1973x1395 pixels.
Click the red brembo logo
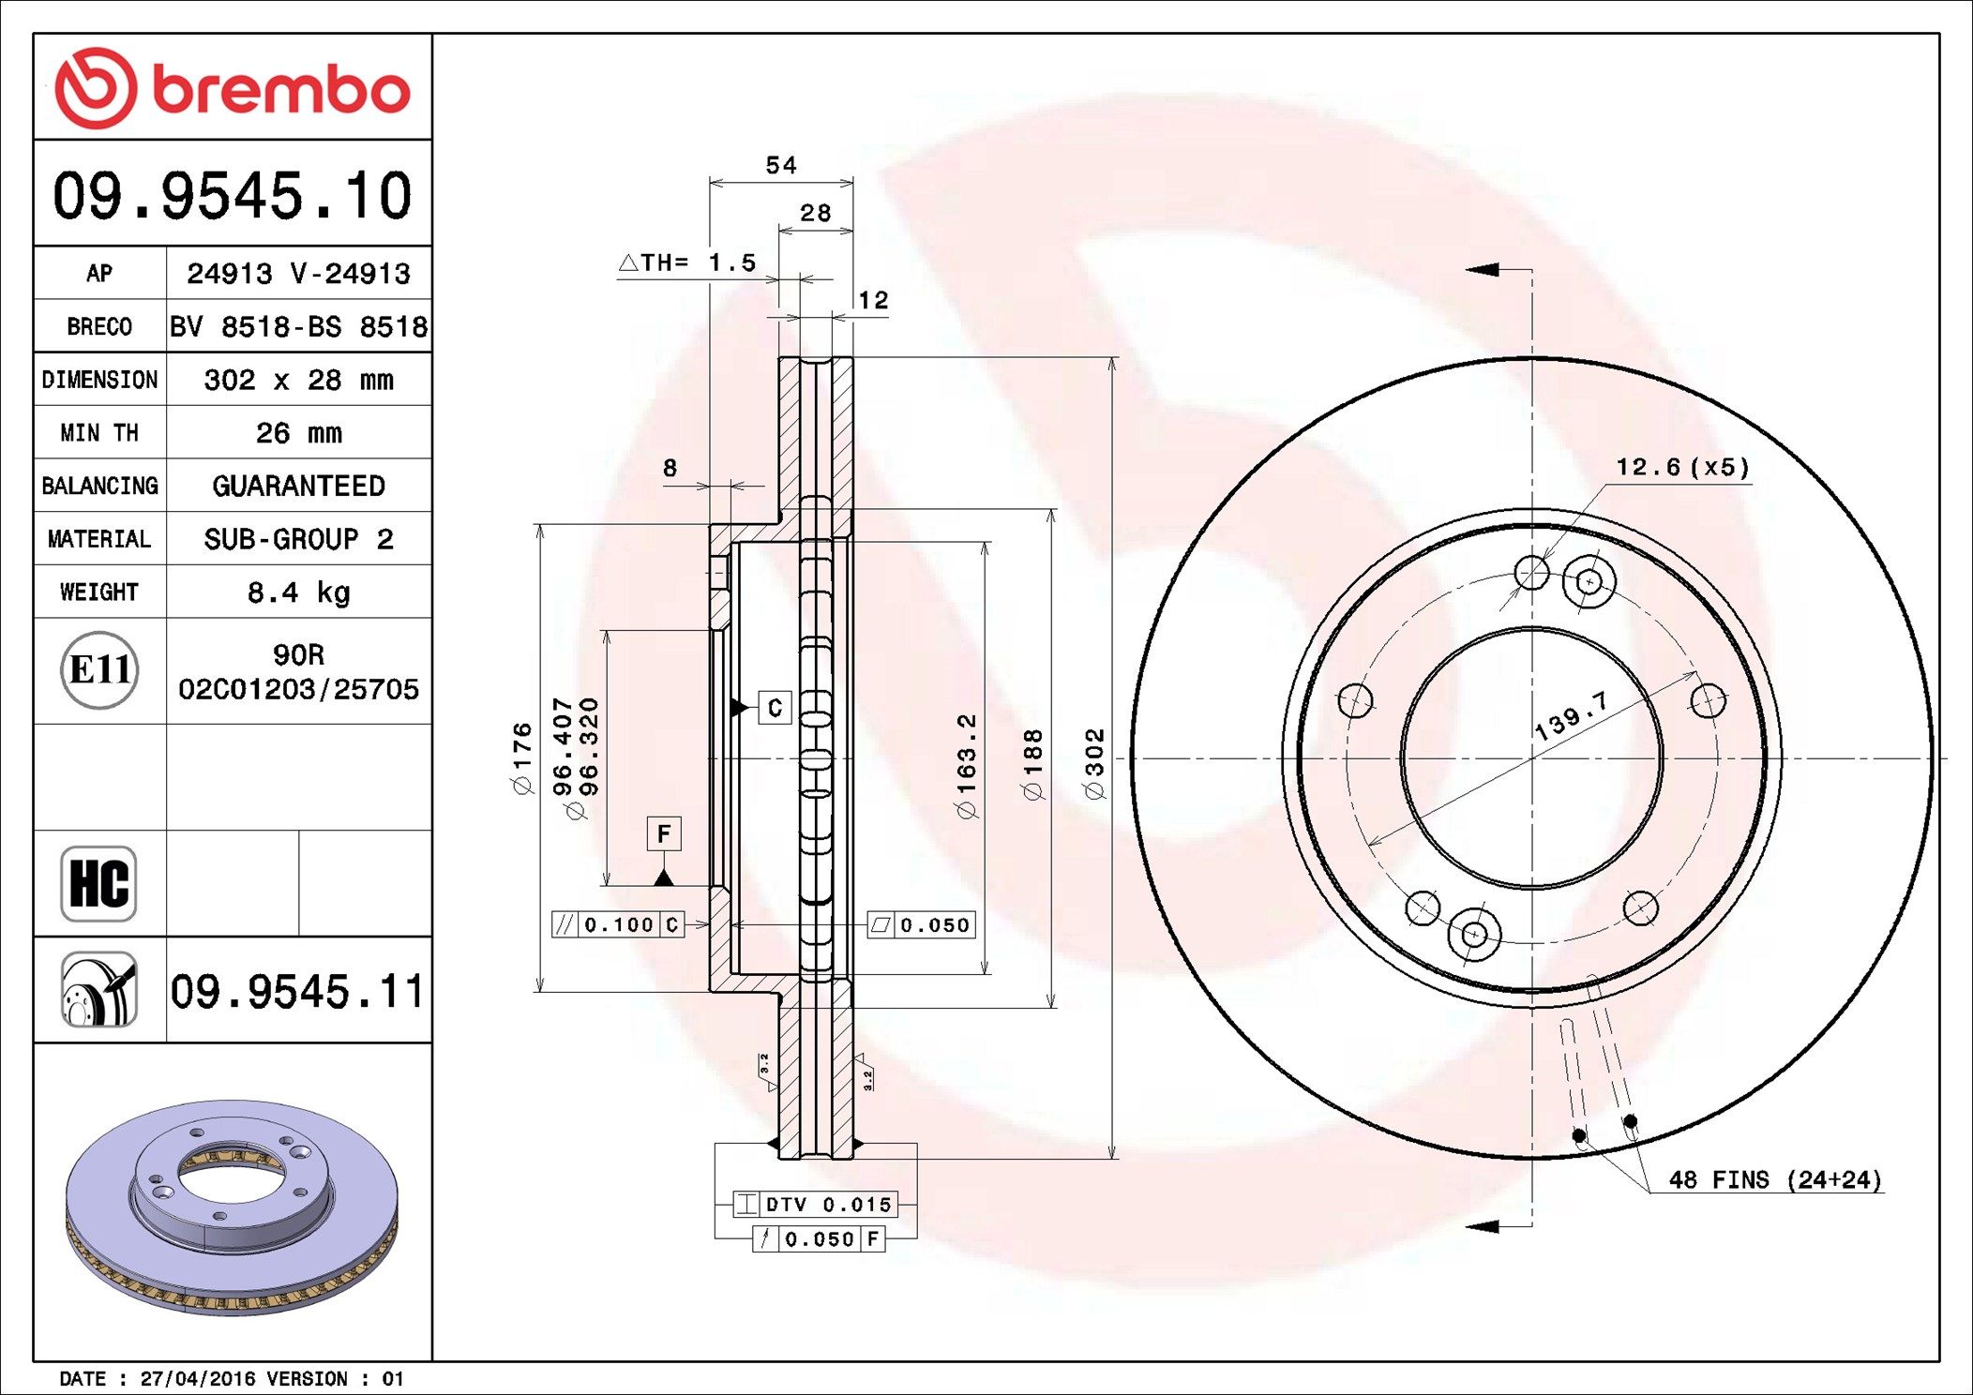click(x=232, y=88)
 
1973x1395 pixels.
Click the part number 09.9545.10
click(x=232, y=196)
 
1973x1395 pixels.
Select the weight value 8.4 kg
click(x=298, y=592)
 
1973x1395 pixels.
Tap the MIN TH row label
click(x=99, y=433)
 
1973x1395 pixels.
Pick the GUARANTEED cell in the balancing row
click(x=298, y=486)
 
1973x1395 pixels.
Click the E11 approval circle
click(x=99, y=670)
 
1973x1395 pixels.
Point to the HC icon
click(x=98, y=884)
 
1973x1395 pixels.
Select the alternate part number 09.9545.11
click(x=297, y=991)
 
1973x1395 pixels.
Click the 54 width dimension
click(x=781, y=166)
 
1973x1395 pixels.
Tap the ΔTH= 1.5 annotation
click(x=687, y=262)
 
